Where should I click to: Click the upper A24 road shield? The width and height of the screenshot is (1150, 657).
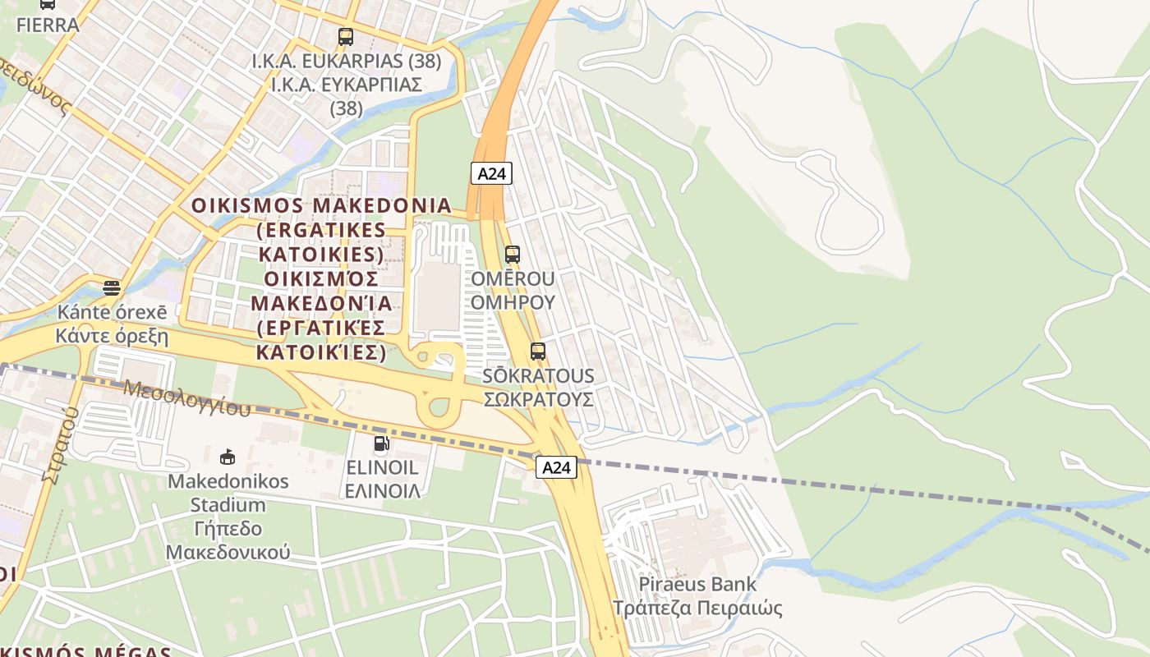(491, 173)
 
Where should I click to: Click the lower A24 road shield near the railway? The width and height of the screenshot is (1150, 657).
(556, 467)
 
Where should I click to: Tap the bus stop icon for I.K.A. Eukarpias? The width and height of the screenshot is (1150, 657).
(345, 37)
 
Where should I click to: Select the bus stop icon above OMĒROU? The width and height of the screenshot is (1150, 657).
(513, 255)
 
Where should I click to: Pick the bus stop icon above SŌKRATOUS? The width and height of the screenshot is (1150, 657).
(538, 351)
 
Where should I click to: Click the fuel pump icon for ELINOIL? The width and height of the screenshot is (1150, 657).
(382, 444)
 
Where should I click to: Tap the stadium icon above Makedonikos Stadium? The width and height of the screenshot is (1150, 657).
(228, 457)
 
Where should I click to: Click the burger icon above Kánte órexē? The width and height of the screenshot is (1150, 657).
(112, 288)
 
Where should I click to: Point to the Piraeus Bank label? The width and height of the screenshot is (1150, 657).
(697, 585)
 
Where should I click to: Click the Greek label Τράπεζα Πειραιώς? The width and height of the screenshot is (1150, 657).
(697, 609)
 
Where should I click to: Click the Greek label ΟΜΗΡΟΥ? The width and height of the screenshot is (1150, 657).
(513, 302)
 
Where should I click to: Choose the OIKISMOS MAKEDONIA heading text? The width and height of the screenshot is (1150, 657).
(321, 205)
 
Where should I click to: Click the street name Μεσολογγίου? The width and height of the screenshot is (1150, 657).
(186, 397)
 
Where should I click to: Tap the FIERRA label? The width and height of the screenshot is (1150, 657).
(48, 25)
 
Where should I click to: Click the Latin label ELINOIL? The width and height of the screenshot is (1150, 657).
(382, 468)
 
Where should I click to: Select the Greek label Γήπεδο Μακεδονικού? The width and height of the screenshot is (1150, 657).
(228, 540)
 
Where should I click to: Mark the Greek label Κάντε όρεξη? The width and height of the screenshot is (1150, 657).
(112, 336)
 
